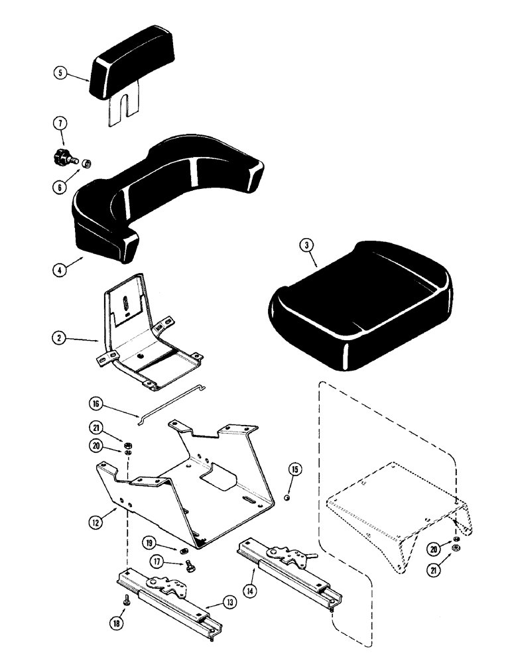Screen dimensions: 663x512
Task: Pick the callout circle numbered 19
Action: [x=151, y=543]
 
